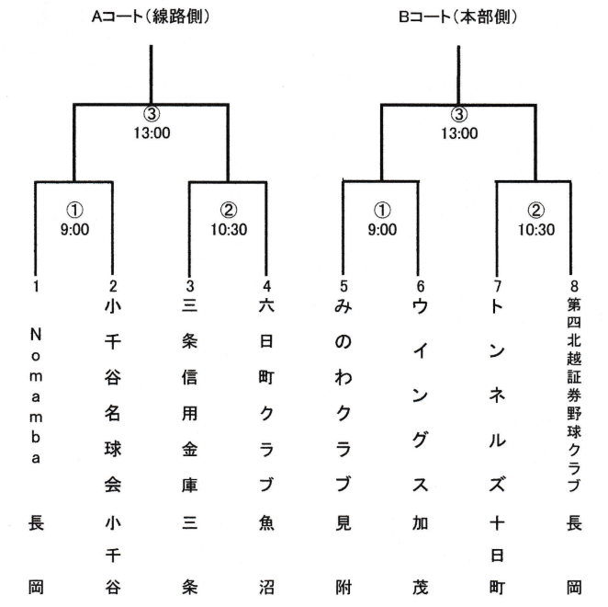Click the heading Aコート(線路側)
coord(151,17)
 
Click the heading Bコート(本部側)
coord(458,17)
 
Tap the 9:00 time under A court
coord(74,229)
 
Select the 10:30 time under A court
coord(229,229)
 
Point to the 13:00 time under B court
coord(459,133)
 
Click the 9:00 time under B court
coord(382,229)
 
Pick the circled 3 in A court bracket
coord(152,114)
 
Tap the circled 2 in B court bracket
coord(536,210)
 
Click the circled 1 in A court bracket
coord(74,210)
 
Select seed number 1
coord(36,286)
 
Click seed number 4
coord(266,286)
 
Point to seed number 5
coord(343,286)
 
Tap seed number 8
coord(574,286)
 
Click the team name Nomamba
coord(36,395)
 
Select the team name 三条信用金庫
coord(189,395)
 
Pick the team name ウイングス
coord(421,395)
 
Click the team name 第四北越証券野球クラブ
coord(574,395)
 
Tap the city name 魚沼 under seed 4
coord(266,555)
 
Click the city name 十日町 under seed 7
coord(497,555)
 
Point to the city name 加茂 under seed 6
coord(421,555)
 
